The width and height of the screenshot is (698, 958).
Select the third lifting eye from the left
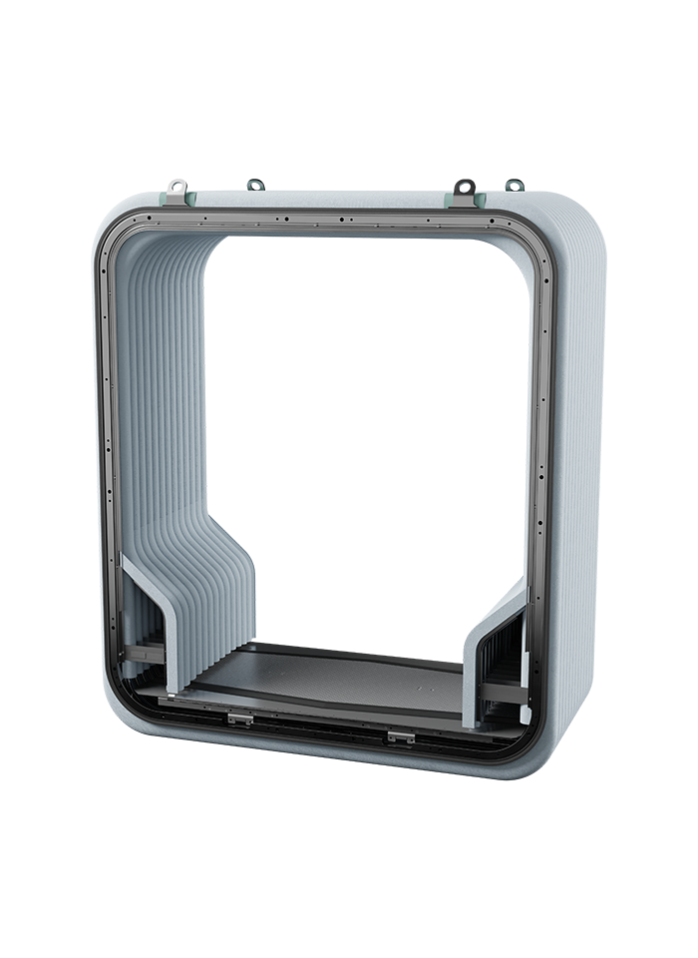coord(463,186)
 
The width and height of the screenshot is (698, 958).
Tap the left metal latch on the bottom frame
coord(238,718)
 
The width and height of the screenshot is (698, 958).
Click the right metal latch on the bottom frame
coord(400,735)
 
